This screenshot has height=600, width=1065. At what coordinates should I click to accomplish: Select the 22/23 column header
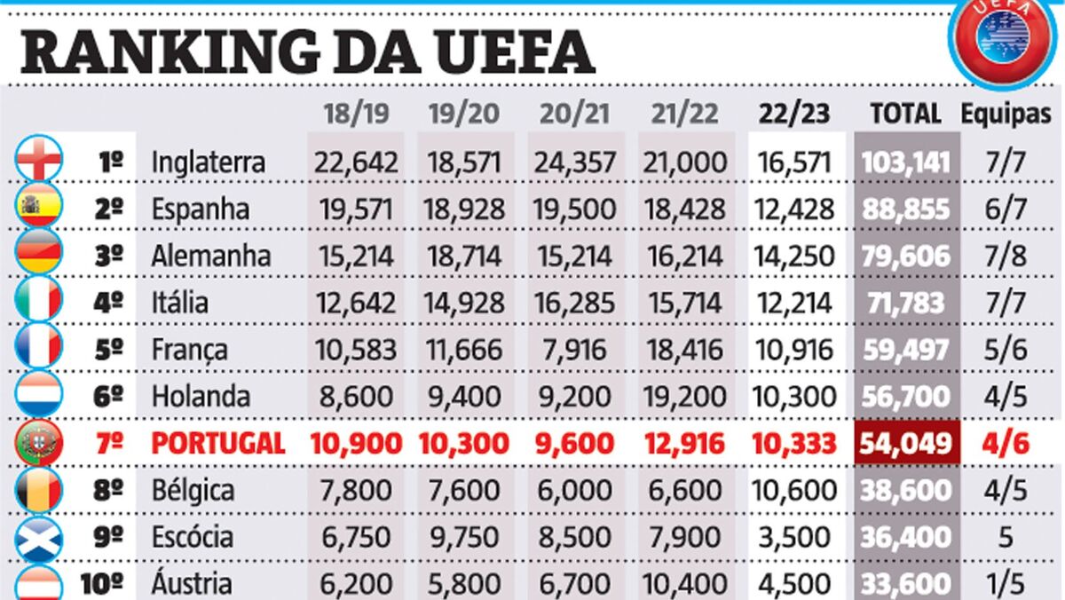point(793,114)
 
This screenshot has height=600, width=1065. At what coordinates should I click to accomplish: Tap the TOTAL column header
point(905,114)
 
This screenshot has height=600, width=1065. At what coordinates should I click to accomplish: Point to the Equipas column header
point(1006,114)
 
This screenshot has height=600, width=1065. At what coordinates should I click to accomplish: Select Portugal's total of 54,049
point(905,443)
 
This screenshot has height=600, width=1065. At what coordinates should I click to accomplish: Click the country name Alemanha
point(211,257)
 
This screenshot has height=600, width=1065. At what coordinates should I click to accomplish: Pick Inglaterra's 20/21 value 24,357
point(574,162)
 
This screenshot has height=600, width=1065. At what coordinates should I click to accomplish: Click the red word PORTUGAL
point(217,443)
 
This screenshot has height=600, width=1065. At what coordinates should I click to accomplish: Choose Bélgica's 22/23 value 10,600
point(793,490)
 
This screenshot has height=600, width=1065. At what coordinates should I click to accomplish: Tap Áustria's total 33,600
point(905,583)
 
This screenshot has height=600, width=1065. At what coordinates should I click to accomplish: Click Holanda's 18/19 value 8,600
point(355,396)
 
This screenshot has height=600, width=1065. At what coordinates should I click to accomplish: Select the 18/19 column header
point(355,114)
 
